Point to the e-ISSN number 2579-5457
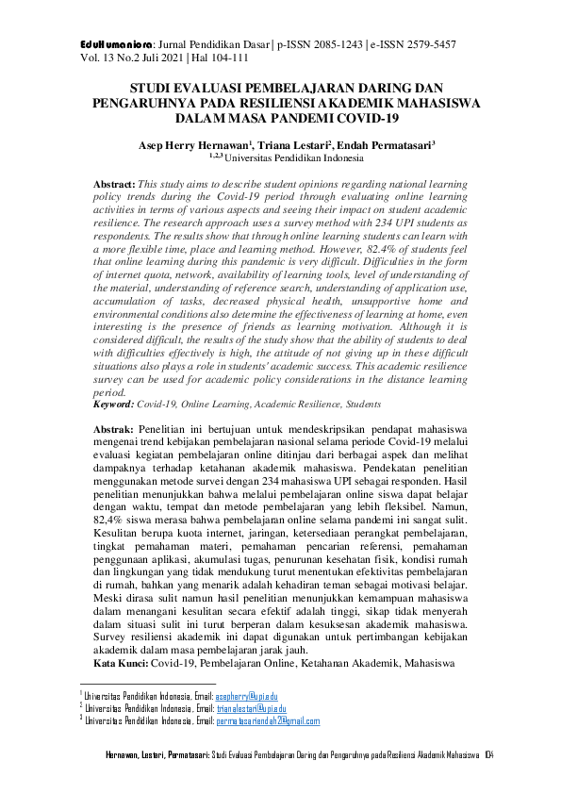429,44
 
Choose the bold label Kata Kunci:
121,664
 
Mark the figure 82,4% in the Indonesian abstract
112,519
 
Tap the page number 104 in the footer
489,756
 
